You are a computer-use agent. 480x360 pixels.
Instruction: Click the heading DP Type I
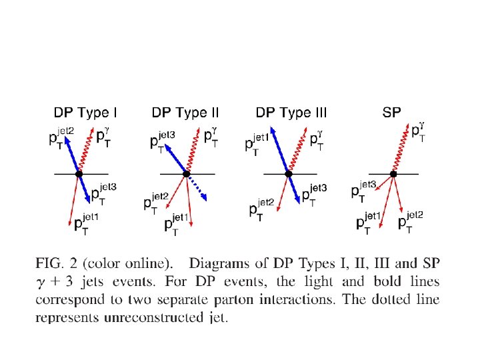click(x=85, y=113)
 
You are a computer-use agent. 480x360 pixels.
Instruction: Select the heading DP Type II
click(x=185, y=113)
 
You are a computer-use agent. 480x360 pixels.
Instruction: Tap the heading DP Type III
click(x=292, y=113)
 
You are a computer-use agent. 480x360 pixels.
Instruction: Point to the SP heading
click(x=391, y=113)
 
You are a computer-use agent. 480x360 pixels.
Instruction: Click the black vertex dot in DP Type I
click(x=79, y=173)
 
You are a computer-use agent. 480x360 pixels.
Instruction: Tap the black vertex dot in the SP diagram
click(x=393, y=173)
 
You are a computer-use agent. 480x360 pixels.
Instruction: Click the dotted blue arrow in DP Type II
click(x=198, y=188)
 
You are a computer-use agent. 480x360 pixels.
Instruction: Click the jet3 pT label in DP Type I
click(x=103, y=192)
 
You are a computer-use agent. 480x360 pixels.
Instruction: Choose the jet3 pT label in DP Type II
click(x=162, y=140)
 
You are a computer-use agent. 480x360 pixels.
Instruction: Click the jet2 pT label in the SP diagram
click(x=410, y=221)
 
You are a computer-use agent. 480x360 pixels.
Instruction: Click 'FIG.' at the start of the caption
click(x=51, y=264)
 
